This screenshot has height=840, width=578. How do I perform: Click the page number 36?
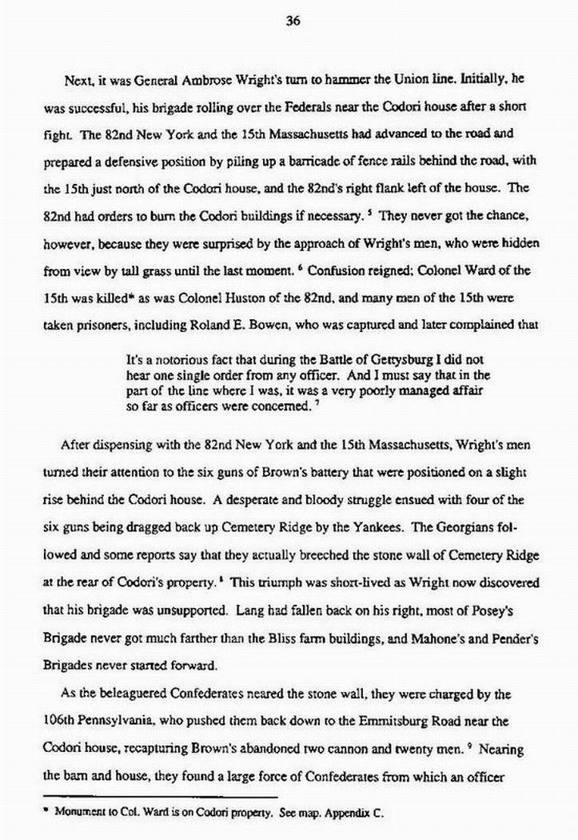pos(293,21)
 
